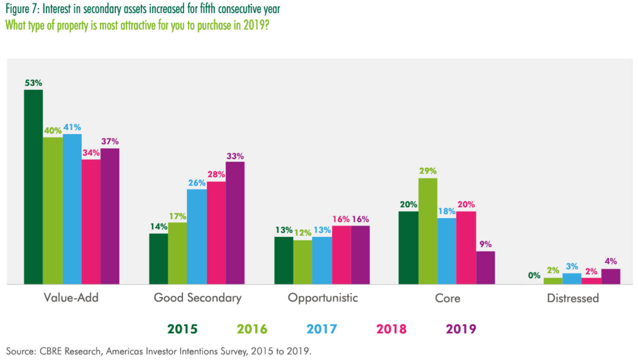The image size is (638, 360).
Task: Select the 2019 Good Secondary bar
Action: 235,223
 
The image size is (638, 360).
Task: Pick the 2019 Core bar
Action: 486,268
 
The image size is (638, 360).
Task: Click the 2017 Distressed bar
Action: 572,279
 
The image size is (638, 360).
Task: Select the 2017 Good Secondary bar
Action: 197,236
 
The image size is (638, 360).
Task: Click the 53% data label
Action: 33,83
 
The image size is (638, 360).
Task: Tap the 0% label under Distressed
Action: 534,276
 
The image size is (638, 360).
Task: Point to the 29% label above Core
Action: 428,171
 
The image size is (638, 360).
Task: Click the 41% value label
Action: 72,127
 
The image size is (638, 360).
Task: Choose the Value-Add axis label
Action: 71,297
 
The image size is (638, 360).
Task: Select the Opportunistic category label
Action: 323,298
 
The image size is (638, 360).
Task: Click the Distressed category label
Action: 573,298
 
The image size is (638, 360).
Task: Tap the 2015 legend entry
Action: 182,329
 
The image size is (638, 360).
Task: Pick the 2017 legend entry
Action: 322,329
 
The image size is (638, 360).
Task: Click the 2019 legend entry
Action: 461,329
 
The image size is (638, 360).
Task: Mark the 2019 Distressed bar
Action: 610,276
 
